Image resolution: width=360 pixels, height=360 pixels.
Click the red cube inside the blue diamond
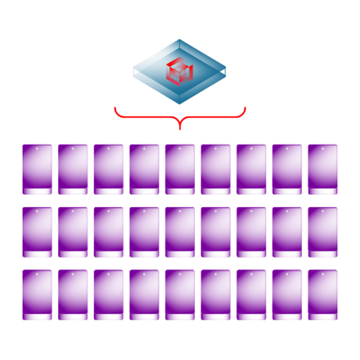coord(180,71)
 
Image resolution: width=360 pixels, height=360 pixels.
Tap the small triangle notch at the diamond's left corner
coord(135,71)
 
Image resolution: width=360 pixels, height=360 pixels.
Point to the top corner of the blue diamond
coord(180,40)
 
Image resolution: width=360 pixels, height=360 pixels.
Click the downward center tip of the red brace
coord(180,128)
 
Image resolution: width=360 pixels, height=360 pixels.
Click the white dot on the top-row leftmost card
coord(37,148)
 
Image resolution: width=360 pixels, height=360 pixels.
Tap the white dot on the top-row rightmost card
coord(322,148)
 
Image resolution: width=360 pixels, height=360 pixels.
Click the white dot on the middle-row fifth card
coord(180,211)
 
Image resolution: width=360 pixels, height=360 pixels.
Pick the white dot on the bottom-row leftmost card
coord(37,274)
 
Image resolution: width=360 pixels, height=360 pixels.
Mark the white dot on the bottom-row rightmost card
coord(322,274)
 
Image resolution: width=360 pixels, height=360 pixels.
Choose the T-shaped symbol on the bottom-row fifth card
coord(183,316)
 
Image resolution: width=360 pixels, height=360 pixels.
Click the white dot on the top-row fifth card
coord(180,148)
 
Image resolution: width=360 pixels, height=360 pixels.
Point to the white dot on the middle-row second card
coord(73,211)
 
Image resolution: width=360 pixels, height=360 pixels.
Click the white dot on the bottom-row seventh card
coord(251,274)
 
